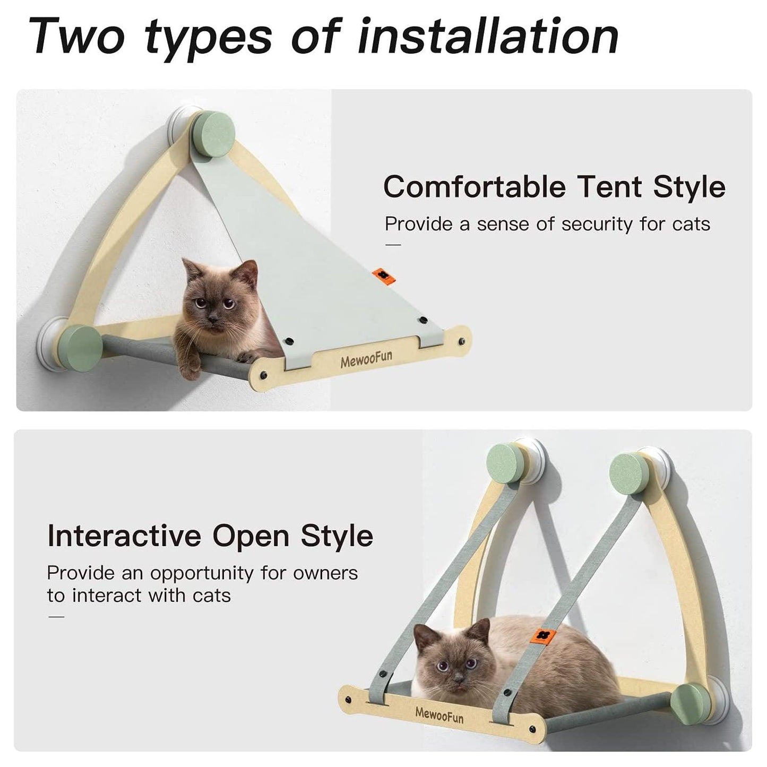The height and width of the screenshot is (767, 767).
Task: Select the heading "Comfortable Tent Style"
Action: click(554, 187)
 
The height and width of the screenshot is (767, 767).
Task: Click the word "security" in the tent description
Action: click(598, 225)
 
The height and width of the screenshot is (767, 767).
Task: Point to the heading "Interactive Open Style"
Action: click(210, 536)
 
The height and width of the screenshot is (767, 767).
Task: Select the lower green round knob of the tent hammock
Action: click(81, 346)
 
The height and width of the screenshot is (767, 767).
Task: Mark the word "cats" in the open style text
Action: click(212, 596)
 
